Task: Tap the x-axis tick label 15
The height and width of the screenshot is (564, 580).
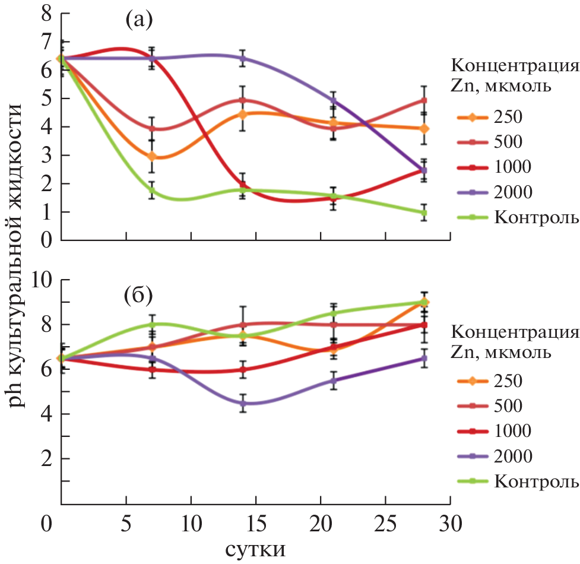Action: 255,525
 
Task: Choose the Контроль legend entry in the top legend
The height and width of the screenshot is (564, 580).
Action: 534,217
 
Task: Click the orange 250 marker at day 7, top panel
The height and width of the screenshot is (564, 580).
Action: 152,156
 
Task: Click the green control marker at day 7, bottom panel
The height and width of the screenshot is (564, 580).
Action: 152,325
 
